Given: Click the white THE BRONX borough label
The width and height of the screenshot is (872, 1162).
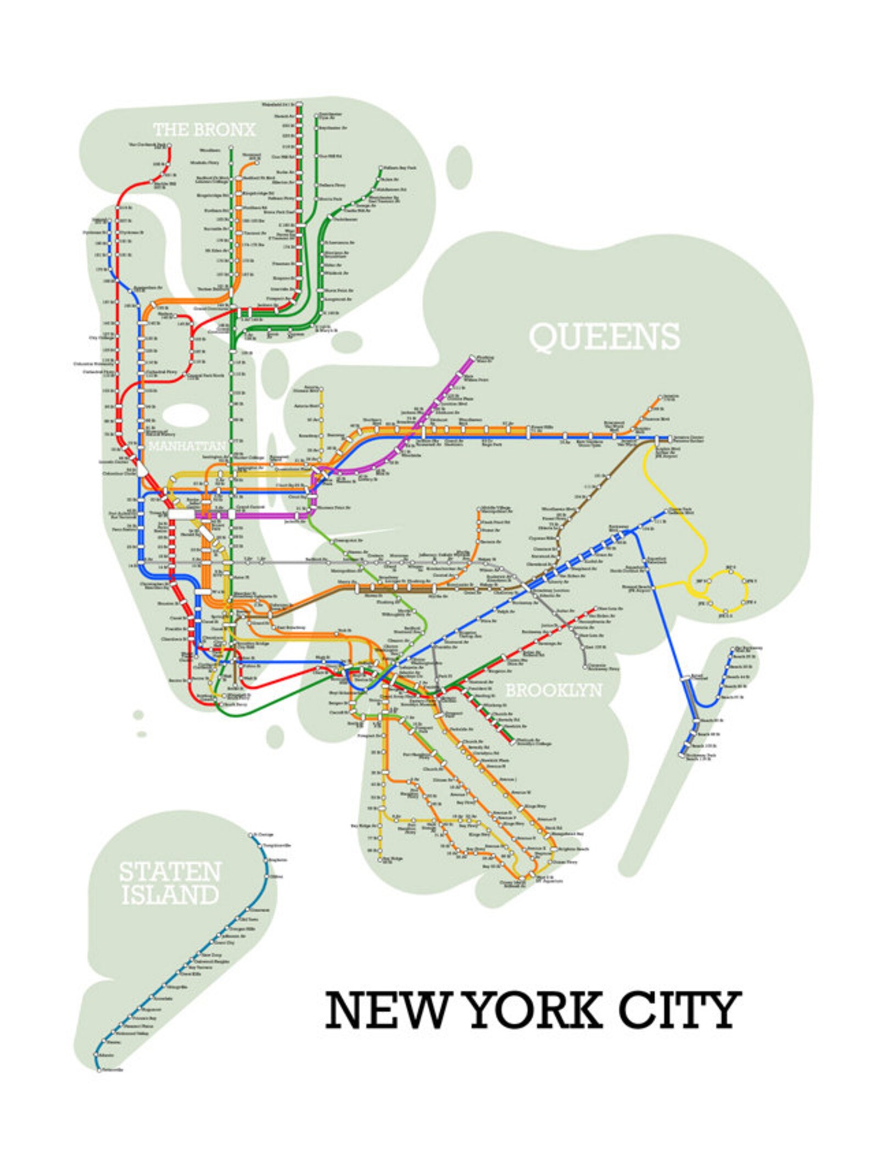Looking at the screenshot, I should coord(204,130).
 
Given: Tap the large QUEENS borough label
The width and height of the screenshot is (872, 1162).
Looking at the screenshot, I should coord(604,337).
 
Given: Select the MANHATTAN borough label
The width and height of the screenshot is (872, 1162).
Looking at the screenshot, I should coord(187,446).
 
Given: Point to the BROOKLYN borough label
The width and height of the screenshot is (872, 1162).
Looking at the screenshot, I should coord(554,690).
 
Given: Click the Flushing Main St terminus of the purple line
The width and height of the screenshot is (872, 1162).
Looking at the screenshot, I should coord(471,357).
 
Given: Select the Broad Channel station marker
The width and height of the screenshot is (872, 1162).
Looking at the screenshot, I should coord(686,679).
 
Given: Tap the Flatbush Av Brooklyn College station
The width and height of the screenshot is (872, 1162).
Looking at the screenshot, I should coord(513,744).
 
